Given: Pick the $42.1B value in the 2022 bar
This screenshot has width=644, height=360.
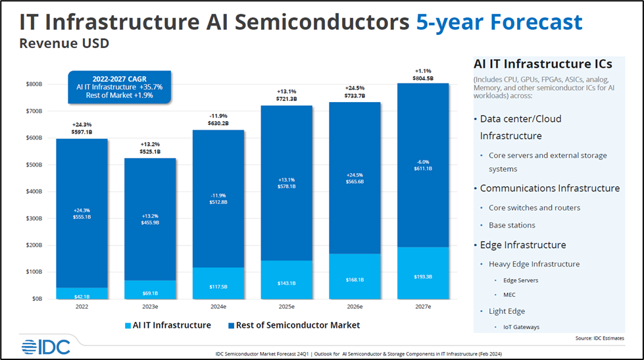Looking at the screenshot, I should click(x=82, y=296).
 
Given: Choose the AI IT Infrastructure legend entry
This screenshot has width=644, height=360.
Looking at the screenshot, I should click(x=168, y=325).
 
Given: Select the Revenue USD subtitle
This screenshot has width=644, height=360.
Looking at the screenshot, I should click(x=64, y=44).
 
